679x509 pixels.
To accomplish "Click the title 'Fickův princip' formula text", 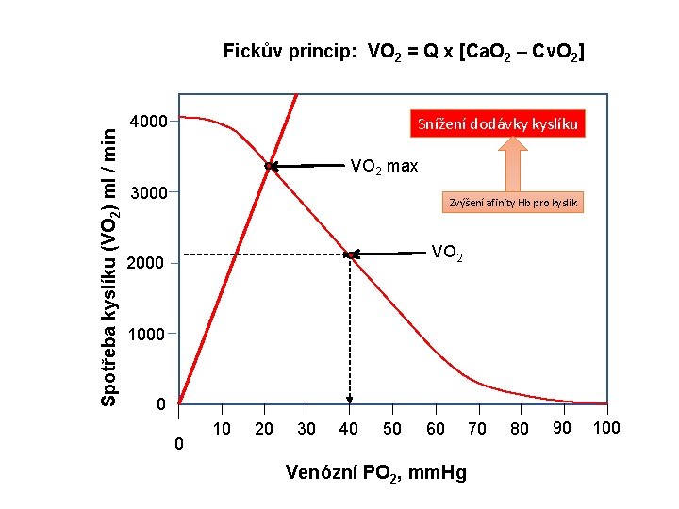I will pos(404,52).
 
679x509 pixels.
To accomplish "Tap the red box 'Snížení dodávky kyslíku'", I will pos(496,124).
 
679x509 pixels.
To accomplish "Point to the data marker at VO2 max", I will pos(270,166).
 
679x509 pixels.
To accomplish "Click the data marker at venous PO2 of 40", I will pos(350,254).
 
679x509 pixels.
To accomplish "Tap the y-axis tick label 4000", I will pos(148,122).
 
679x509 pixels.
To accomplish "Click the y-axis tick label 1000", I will pos(147,334).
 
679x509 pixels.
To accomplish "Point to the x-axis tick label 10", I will pos(223,429).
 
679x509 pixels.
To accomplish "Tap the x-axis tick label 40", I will pos(348,429).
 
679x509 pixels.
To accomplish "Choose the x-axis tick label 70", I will pos(477,429).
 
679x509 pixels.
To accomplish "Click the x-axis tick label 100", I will pos(607,429).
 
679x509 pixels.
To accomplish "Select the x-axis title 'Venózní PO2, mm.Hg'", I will pos(375,472).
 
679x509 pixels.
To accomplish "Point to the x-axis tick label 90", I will pos(562,429).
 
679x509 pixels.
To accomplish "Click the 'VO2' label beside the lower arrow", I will pos(447,252).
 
